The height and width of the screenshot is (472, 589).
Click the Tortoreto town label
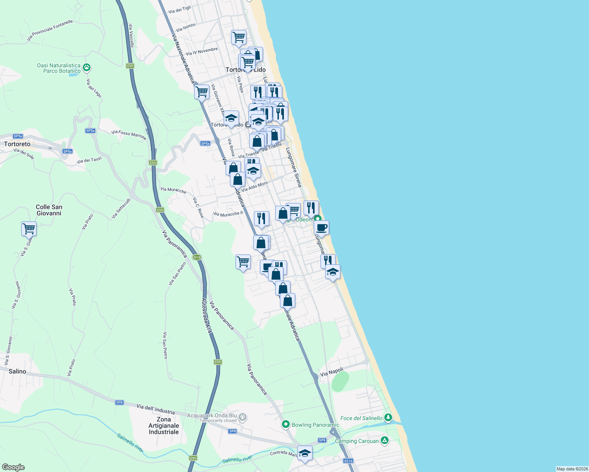(17, 144)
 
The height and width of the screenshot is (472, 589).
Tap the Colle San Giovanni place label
(49, 210)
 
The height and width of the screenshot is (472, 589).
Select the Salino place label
(17, 371)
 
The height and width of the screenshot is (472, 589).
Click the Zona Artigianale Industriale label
(164, 426)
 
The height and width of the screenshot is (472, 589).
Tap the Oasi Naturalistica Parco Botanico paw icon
(87, 68)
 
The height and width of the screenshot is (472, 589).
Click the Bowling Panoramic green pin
(286, 424)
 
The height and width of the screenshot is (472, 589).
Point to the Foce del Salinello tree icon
(388, 417)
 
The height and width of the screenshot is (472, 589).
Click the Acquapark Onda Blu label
(212, 415)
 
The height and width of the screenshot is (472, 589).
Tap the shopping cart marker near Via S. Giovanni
(29, 229)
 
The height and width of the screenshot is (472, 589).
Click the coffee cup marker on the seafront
(321, 227)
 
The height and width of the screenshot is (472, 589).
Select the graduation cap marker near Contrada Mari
(305, 453)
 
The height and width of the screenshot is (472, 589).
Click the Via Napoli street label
(332, 372)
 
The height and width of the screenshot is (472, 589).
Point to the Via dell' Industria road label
(156, 409)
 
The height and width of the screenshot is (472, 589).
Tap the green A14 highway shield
(197, 257)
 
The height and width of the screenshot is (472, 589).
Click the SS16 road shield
(348, 461)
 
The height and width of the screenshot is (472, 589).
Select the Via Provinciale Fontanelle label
(50, 30)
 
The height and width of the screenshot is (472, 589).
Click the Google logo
(13, 467)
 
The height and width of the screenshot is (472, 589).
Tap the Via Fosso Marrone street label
(129, 135)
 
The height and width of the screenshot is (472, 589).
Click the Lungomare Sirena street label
(294, 167)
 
